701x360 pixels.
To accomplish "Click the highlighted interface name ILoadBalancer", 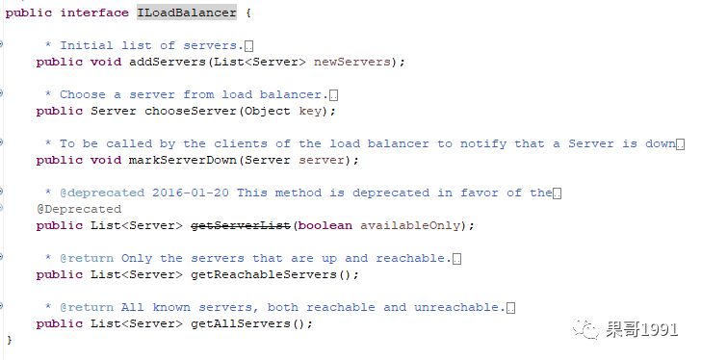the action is pos(187,13).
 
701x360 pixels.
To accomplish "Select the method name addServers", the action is pos(168,62).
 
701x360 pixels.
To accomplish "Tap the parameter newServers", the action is pos(352,62).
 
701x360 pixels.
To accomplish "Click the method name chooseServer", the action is pos(191,111).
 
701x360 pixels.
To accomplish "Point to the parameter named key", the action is pos(310,112).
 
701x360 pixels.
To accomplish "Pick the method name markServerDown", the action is pos(183,160).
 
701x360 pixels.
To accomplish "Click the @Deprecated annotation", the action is pos(79,209).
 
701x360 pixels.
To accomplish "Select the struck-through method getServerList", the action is pos(241,225).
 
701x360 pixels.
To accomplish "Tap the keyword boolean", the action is pos(325,225).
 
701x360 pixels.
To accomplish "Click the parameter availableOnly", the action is pos(410,225).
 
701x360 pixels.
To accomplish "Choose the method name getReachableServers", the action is pos(264,274).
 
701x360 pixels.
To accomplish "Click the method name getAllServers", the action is pos(241,323).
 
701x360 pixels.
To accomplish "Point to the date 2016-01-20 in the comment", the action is pos(191,193).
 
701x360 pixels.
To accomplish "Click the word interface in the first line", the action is pos(94,13).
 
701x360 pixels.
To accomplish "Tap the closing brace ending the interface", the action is pos(10,341).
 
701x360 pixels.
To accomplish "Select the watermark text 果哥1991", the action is pos(642,330).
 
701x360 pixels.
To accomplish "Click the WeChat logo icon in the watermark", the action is pos(585,329).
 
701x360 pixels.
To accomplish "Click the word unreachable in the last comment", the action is pos(456,307).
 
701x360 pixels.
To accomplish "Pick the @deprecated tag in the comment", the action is pos(102,193).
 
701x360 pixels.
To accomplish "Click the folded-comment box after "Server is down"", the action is pos(680,144).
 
